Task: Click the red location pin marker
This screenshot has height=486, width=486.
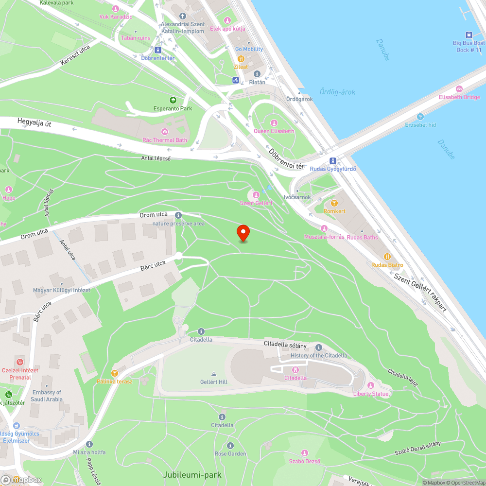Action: tap(243, 233)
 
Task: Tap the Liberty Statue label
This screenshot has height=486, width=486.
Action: tap(371, 394)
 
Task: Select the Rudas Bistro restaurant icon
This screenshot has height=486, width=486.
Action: tap(387, 257)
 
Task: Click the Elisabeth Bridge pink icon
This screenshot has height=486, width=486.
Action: tap(459, 89)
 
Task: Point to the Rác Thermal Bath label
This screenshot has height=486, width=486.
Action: tap(165, 140)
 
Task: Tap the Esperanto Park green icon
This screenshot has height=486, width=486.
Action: tap(173, 100)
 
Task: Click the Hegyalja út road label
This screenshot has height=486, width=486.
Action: tap(34, 123)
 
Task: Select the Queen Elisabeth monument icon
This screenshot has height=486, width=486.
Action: tap(274, 123)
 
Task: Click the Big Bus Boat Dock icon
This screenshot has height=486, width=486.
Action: tap(469, 35)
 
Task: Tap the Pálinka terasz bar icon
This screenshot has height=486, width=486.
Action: tap(115, 373)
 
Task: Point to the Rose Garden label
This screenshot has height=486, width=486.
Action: tap(230, 453)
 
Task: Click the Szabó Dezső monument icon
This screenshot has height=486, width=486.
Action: tap(305, 453)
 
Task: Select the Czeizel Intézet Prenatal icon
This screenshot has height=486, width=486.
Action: tap(20, 362)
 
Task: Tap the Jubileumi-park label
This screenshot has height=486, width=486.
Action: tap(192, 474)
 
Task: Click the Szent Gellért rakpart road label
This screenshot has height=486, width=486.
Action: tap(420, 292)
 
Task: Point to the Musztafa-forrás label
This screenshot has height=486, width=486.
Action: tap(324, 237)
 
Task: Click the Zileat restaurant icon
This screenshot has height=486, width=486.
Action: tap(241, 58)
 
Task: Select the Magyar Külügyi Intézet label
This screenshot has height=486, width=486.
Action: tap(61, 290)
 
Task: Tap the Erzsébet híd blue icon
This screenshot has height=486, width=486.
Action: tap(420, 117)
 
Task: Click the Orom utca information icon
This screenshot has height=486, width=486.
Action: tap(178, 215)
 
